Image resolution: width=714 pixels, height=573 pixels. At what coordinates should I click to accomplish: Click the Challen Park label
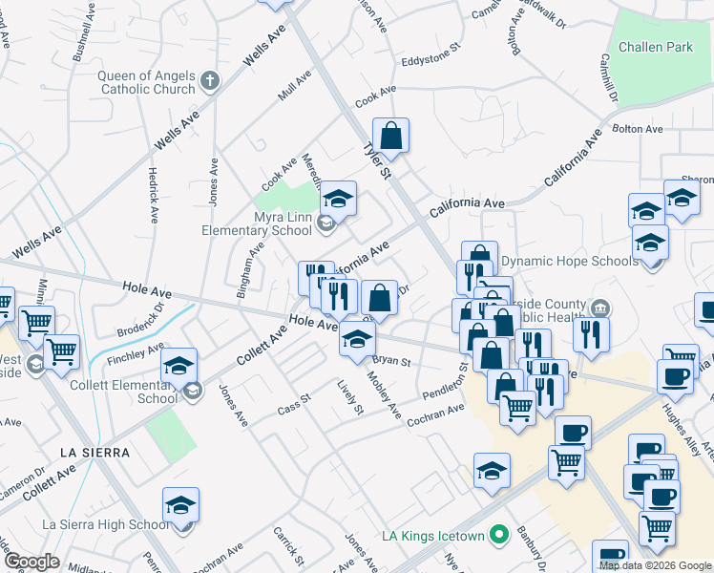(x=655, y=47)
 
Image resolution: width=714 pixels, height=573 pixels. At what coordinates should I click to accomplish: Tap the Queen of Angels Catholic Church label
(x=145, y=82)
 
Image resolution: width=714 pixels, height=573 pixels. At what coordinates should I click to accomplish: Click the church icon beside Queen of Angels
(x=210, y=82)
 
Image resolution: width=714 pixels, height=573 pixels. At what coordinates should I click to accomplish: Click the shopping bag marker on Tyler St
(x=390, y=136)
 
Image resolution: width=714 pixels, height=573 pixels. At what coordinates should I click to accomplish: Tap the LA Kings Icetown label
(x=431, y=535)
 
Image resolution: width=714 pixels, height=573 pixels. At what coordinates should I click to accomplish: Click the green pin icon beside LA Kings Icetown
(x=496, y=535)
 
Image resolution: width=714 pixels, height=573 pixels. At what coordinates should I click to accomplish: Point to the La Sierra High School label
(x=106, y=524)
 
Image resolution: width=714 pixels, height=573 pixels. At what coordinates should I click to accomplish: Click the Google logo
(x=31, y=562)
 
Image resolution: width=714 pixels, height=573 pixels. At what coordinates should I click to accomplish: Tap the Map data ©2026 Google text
(x=655, y=565)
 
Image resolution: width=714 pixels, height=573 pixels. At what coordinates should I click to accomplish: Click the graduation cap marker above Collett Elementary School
(x=178, y=366)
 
